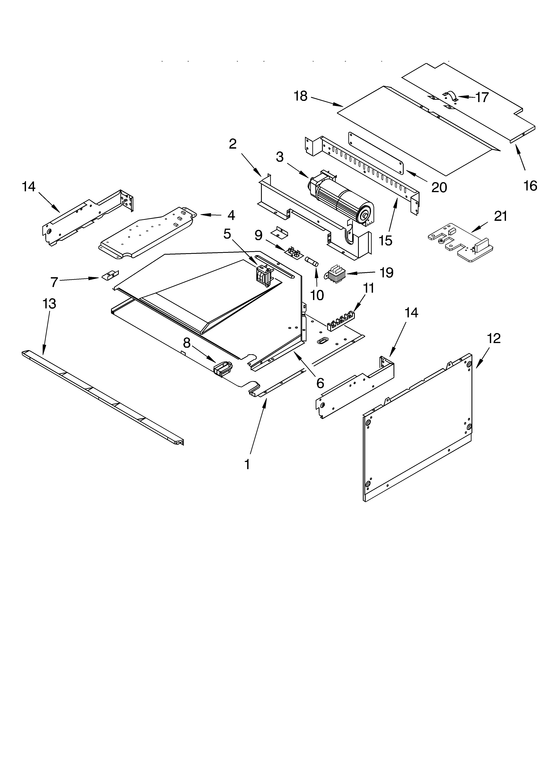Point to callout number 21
coord(500,216)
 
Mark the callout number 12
coord(493,338)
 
